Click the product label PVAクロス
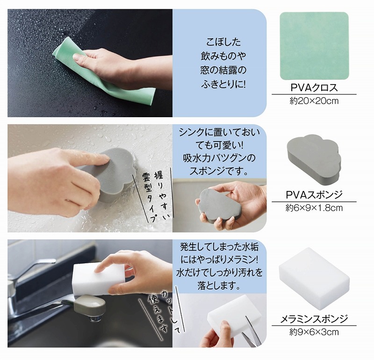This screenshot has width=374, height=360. (314, 88)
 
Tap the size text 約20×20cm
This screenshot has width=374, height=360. (314, 101)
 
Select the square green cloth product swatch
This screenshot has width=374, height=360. (314, 46)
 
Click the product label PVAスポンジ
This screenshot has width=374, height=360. (314, 195)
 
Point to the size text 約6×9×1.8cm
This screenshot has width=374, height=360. (314, 208)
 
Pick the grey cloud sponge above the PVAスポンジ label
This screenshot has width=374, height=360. (314, 158)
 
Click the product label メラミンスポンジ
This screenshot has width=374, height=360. (314, 319)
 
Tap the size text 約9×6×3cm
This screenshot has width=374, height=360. (314, 332)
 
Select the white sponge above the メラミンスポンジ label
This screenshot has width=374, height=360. (314, 279)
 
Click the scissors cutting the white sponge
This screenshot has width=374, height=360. (251, 332)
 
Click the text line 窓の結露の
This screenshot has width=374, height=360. (223, 71)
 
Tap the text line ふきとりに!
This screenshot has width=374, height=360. (223, 84)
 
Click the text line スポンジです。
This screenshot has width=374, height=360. (219, 171)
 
